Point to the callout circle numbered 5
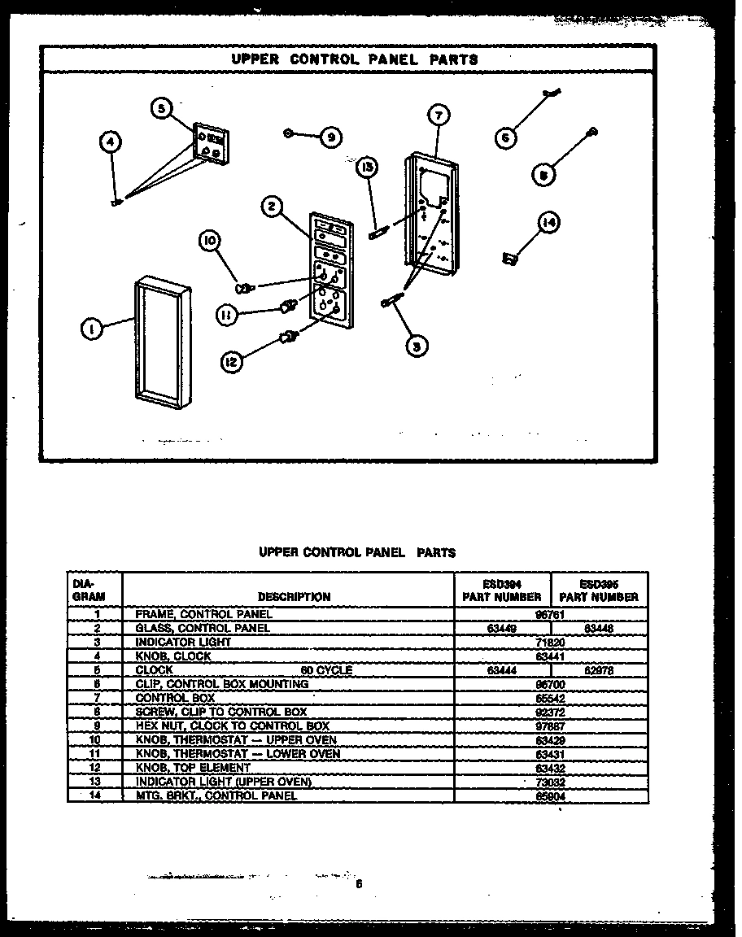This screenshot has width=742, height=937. click(x=161, y=109)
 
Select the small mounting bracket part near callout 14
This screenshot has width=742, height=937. click(x=510, y=259)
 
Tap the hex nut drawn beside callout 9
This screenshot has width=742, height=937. click(x=289, y=133)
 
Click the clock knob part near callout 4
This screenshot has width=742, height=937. click(x=117, y=202)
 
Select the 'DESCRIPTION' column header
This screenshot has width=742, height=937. click(x=294, y=597)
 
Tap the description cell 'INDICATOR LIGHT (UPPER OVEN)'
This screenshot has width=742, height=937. click(x=224, y=782)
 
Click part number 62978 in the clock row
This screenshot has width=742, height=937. click(x=601, y=671)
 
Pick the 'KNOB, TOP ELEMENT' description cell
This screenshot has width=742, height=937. click(x=193, y=767)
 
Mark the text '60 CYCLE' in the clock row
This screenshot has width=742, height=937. click(x=326, y=670)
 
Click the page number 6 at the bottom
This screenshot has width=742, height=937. click(x=358, y=885)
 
